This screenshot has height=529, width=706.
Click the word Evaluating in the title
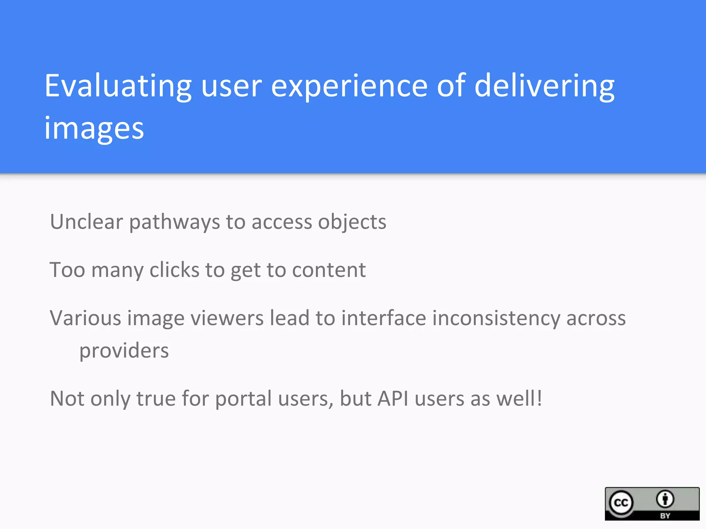coord(118,86)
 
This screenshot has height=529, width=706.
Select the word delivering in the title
coord(544,86)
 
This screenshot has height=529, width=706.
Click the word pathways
coord(174,222)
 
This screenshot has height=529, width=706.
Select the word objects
coord(352,222)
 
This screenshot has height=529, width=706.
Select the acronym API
coord(393,398)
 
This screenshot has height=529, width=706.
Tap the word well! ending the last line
coord(519,398)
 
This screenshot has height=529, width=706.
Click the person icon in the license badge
coord(665,499)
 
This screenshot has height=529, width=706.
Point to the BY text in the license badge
coord(665,516)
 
